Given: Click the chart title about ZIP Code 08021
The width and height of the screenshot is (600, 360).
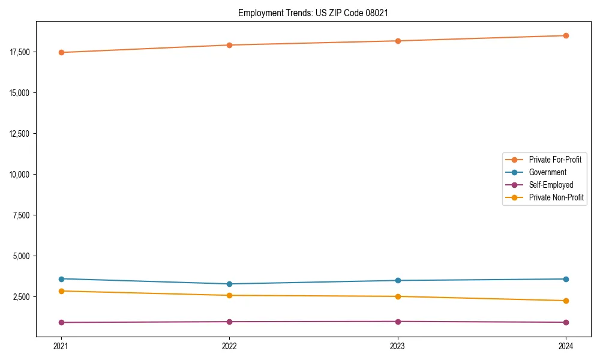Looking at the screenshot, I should (x=317, y=13).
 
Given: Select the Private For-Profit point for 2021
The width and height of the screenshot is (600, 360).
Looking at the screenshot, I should (x=61, y=52).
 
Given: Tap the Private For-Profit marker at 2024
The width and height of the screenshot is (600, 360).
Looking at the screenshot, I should (x=566, y=35).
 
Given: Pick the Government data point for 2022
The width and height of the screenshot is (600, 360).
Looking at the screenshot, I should (x=229, y=284).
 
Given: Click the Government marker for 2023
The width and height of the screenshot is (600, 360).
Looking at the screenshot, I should (x=398, y=280).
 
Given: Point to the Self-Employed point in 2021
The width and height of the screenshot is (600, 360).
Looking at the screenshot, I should (x=61, y=322).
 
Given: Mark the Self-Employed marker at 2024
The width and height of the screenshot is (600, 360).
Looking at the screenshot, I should (x=566, y=322).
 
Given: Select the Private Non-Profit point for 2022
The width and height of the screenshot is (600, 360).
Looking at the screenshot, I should (x=229, y=295).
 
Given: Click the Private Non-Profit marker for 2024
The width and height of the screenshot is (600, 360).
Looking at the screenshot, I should (x=566, y=301).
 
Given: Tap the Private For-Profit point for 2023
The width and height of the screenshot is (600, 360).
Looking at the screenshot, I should (x=398, y=41).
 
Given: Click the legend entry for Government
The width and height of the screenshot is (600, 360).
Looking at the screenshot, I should (x=547, y=172).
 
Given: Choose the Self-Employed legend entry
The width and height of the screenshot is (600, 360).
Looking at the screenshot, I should (x=551, y=185).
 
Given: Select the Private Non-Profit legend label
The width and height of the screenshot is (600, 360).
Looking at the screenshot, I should (x=556, y=197).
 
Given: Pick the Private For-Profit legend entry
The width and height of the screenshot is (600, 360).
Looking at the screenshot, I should (x=555, y=160).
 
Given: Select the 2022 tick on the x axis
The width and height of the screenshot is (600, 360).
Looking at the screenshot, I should (x=229, y=346).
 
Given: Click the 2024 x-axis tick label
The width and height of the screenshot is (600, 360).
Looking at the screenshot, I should (x=566, y=346).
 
